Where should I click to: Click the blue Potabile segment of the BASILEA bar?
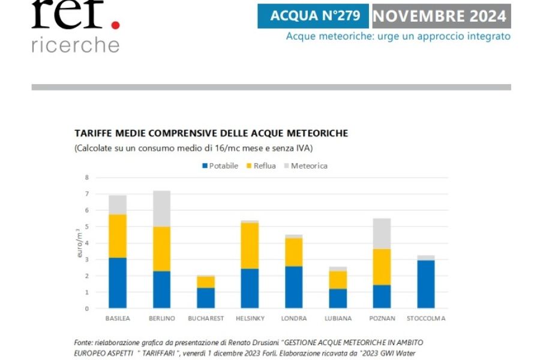coord(118,283)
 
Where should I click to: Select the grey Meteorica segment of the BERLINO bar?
coord(162,208)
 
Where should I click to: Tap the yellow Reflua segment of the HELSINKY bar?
coord(250,245)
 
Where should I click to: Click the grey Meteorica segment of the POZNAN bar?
coord(382,233)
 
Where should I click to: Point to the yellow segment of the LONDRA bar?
coord(294,252)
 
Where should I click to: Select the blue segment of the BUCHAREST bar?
coord(206,298)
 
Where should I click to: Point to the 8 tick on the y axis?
coord(87,178)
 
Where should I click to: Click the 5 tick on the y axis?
coord(87,227)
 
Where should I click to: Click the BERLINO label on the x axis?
coord(162,319)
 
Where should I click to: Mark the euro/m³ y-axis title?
coord(80,243)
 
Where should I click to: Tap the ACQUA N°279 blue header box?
coord(313,16)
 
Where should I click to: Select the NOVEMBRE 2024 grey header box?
coord(441,16)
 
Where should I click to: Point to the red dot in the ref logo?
coord(115,24)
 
